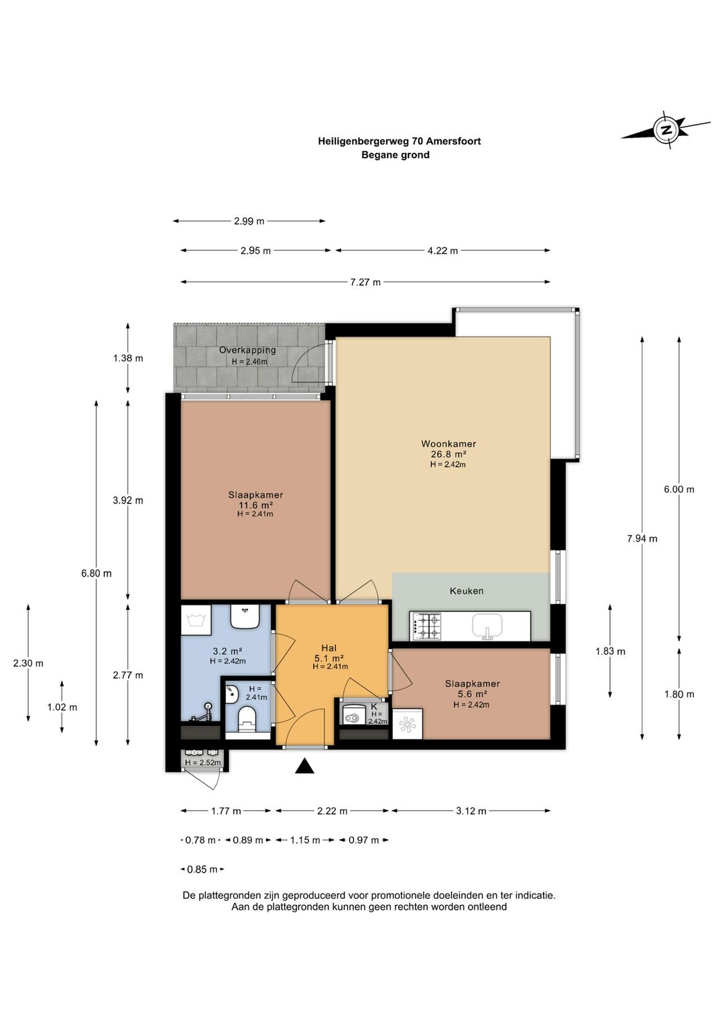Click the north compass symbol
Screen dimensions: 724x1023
point(666,129)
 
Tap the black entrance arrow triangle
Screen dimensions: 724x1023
point(304,766)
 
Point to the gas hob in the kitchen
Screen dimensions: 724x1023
point(427,626)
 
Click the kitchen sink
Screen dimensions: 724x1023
point(487,625)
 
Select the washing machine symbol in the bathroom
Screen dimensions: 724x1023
point(196,619)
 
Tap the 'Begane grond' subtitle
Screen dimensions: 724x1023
point(395,155)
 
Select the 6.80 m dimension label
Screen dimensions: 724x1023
point(97,573)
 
